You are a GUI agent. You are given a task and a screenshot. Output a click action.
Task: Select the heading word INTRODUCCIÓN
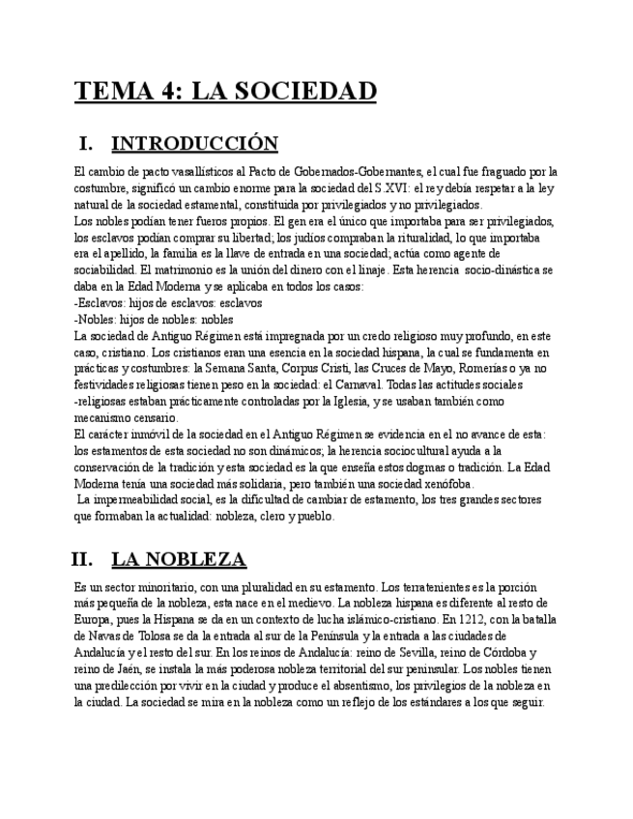point(194,144)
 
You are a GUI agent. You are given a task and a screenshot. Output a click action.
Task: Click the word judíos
point(281,239)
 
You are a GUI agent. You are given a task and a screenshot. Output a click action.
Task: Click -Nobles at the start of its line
point(94,321)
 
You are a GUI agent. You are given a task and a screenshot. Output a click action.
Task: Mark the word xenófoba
point(445,484)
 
